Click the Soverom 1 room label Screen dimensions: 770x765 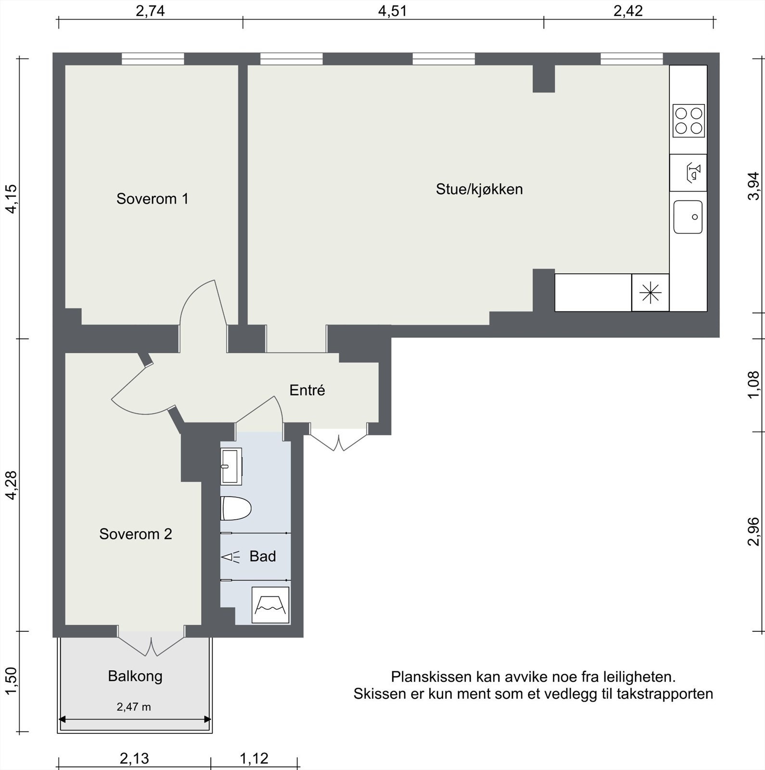coord(152,199)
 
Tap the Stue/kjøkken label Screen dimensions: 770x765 coord(479,189)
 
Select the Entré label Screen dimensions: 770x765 coord(307,390)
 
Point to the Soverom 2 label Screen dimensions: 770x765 coord(135,534)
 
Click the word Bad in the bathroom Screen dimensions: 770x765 coord(263,556)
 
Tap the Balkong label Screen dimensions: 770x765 coord(135,676)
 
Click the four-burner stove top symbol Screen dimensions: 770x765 coord(688,121)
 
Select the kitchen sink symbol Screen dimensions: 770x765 coord(688,217)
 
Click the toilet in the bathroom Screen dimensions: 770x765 coord(236,508)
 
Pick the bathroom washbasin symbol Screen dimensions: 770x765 coord(231,466)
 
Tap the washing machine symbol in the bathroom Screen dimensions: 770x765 coord(270,605)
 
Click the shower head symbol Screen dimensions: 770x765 coord(230,557)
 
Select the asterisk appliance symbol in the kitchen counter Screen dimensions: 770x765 coord(650,293)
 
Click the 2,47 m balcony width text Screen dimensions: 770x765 coord(134,707)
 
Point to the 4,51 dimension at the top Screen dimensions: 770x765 coord(392,11)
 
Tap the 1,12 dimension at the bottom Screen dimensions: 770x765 coord(254,758)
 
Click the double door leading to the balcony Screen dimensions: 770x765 coord(152,642)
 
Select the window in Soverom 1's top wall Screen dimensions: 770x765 coord(153,59)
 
